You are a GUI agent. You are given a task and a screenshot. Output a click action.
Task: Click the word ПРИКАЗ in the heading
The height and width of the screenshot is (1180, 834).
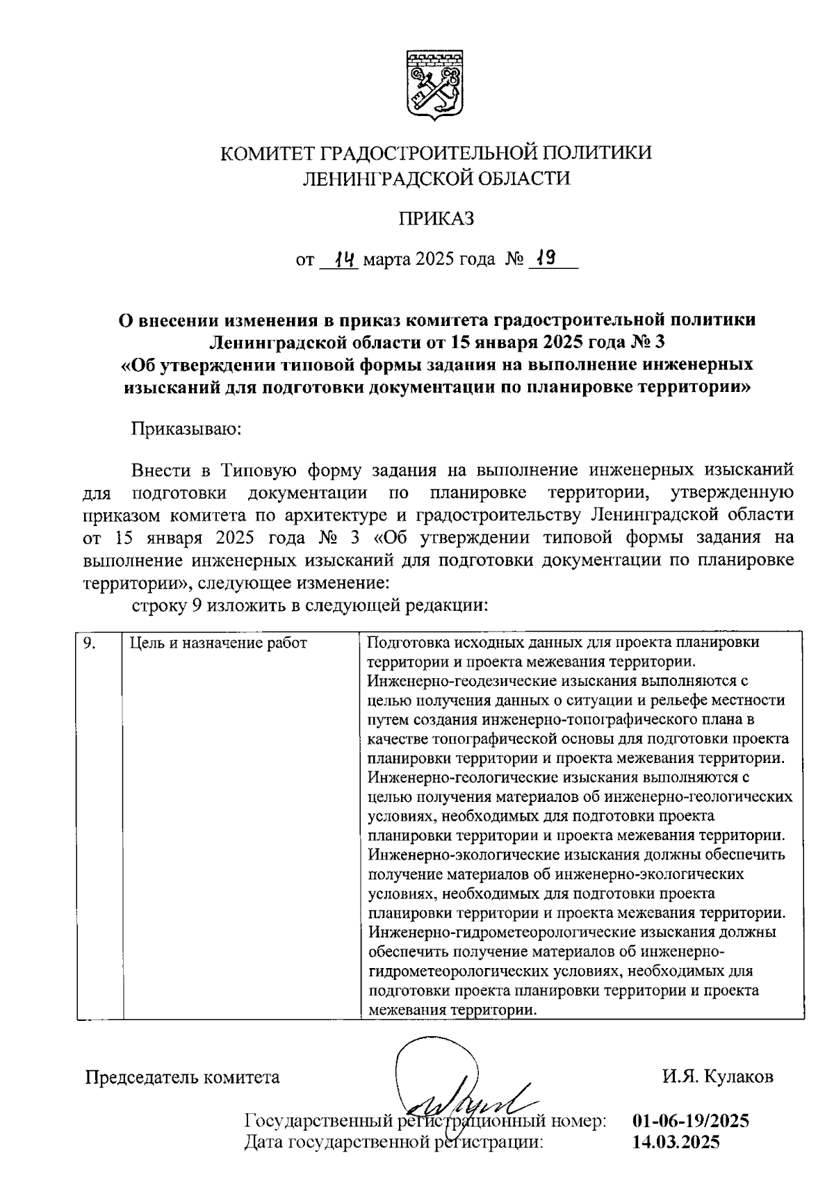[436, 219]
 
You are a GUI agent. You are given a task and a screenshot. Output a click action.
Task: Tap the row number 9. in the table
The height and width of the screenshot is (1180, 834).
[89, 643]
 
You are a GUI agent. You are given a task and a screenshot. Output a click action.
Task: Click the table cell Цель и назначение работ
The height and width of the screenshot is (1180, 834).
[218, 644]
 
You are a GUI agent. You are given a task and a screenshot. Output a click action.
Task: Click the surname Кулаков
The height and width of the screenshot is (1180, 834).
[739, 1077]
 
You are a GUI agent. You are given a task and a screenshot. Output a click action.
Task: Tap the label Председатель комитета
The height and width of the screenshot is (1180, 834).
[183, 1077]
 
